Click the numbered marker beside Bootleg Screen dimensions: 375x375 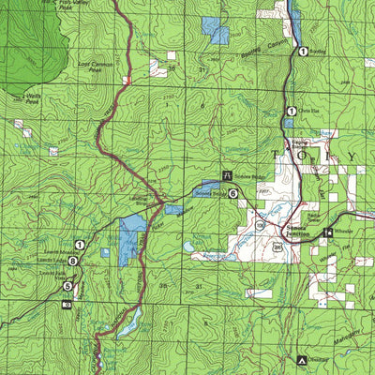coord(303,52)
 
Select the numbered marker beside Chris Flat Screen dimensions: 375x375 coord(292,112)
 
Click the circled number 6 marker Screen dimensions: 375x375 coord(232,192)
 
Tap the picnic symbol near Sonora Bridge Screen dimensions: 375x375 coord(228,172)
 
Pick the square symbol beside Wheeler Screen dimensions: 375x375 coord(326,232)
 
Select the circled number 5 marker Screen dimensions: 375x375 coord(67,285)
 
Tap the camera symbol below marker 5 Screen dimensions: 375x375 coord(66,304)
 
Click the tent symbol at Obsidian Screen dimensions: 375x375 coord(301,359)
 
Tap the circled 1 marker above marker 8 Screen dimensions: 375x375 coord(81,245)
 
